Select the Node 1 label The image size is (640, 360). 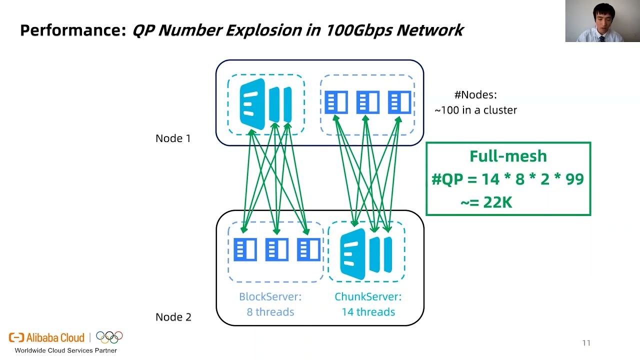[x=173, y=138]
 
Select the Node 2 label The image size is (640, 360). [x=173, y=317]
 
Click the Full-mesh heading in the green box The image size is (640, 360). [x=508, y=156]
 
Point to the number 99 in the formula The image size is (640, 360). [x=574, y=179]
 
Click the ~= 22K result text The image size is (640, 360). [x=486, y=202]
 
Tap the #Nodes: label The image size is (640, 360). [x=475, y=95]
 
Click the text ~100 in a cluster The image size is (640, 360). [x=475, y=110]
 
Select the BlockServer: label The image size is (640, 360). [x=270, y=297]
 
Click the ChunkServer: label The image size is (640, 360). [x=368, y=297]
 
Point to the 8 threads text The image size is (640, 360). [x=270, y=312]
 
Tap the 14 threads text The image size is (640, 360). [x=368, y=312]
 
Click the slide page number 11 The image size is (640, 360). [x=586, y=343]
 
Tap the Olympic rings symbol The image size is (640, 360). [x=109, y=337]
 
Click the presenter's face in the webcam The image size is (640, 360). [x=602, y=17]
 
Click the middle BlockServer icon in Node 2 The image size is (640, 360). [x=276, y=249]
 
